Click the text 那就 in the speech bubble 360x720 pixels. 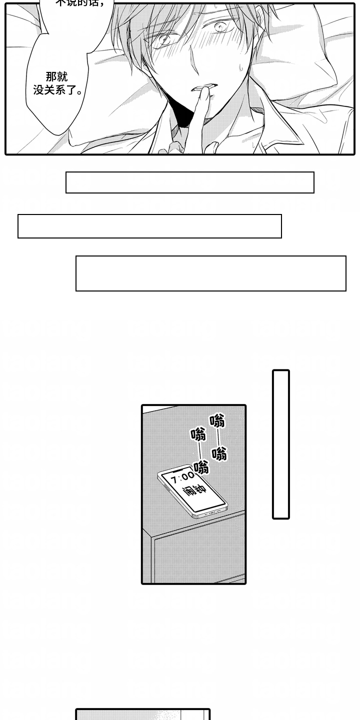(x=56, y=76)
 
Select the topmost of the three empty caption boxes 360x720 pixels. (x=189, y=182)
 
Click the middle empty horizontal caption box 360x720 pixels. (x=149, y=226)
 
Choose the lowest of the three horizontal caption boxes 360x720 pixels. (x=210, y=273)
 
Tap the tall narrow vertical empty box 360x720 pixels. (x=280, y=444)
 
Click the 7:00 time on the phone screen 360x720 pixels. (x=182, y=477)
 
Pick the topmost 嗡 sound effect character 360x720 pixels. (x=217, y=420)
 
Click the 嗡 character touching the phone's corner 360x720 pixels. (x=201, y=468)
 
